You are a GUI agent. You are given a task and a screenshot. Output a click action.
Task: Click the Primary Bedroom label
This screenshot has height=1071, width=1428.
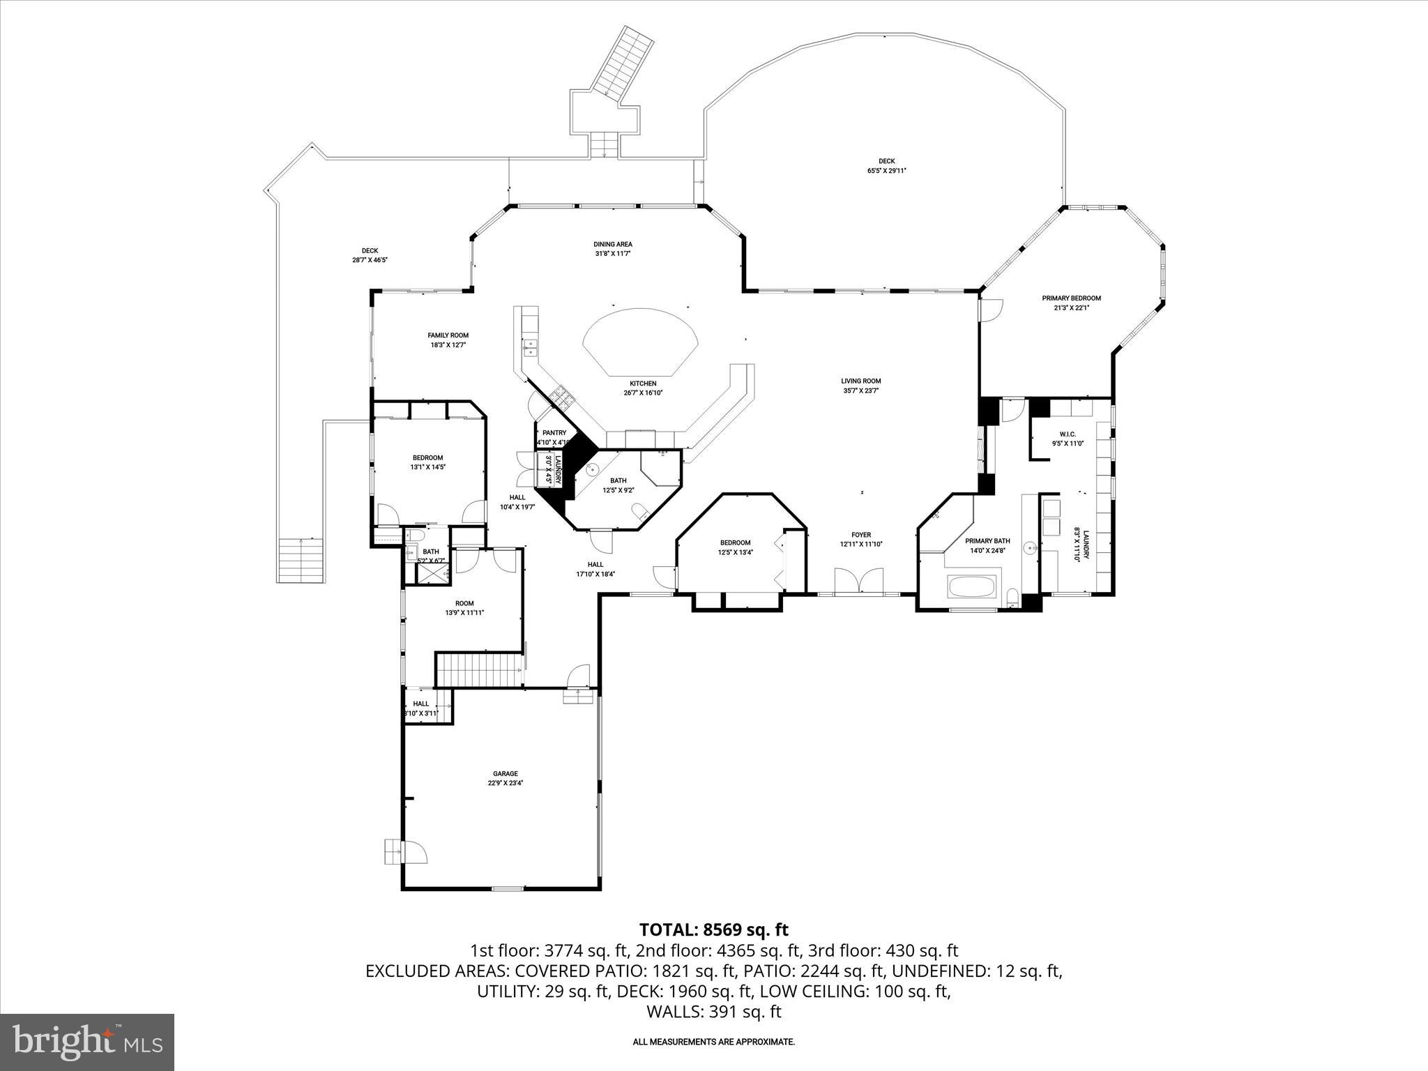pos(1071,298)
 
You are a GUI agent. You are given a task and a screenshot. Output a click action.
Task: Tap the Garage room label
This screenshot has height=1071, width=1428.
pos(506,773)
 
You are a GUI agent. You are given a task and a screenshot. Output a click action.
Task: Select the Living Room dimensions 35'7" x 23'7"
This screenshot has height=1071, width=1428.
pos(860,391)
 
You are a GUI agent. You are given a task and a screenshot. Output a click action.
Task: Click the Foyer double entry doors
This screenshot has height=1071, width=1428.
pos(860,581)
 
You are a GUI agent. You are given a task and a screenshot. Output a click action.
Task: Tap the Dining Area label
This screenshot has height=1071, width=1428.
pos(613,244)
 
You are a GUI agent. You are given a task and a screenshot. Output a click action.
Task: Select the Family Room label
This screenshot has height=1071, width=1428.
pos(448,335)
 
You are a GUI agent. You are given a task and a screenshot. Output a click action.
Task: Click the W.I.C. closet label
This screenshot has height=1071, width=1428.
pos(1068,434)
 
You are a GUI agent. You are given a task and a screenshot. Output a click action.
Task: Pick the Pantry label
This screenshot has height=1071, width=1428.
pos(554,433)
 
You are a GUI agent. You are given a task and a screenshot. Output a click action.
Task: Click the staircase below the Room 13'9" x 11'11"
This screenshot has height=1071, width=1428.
pos(480,670)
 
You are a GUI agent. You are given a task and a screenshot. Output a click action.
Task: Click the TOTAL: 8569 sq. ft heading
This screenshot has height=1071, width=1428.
pos(713,929)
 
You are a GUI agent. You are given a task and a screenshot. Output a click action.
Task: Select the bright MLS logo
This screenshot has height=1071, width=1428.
pos(87,1042)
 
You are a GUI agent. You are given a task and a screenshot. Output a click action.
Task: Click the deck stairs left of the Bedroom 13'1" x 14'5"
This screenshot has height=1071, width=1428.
pos(302,561)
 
